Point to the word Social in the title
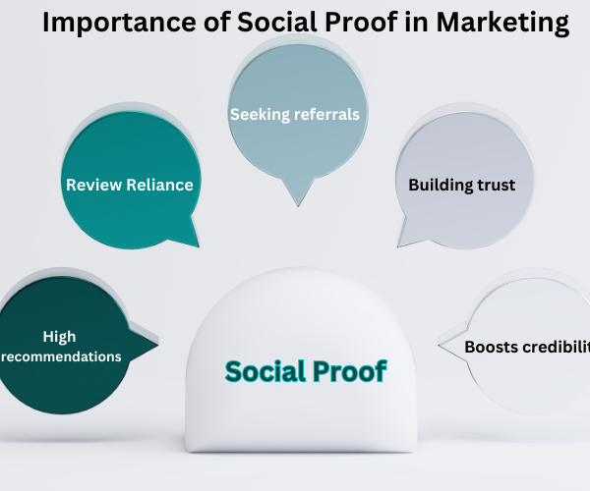tap(277, 22)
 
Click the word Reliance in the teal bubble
tap(160, 185)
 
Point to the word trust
tap(492, 186)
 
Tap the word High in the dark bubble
tap(59, 337)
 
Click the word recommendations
tap(61, 356)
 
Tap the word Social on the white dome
tap(265, 371)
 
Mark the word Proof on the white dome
tap(349, 371)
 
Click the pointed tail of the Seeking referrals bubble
tap(298, 206)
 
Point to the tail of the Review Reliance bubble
tap(198, 246)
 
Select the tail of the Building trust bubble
tap(398, 246)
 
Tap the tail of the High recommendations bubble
tap(157, 343)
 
